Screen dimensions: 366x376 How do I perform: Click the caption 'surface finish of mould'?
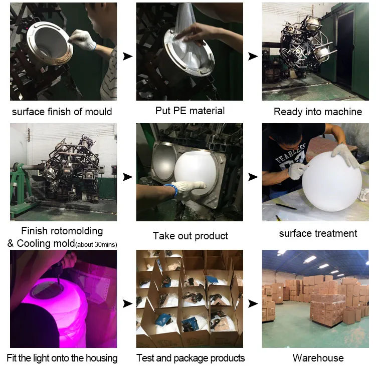(x=62, y=112)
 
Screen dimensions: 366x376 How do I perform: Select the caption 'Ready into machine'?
(x=318, y=112)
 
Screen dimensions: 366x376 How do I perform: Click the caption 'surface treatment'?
(x=318, y=233)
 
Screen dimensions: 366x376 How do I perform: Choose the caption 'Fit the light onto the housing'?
(x=62, y=357)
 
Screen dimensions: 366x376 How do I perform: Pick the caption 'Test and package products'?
(x=191, y=357)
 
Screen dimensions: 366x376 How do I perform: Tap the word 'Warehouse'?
(x=318, y=357)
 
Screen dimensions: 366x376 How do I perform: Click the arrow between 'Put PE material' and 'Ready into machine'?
(x=253, y=57)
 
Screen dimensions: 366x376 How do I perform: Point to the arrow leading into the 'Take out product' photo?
(x=127, y=177)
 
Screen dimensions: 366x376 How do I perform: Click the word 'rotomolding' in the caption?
(x=77, y=231)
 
